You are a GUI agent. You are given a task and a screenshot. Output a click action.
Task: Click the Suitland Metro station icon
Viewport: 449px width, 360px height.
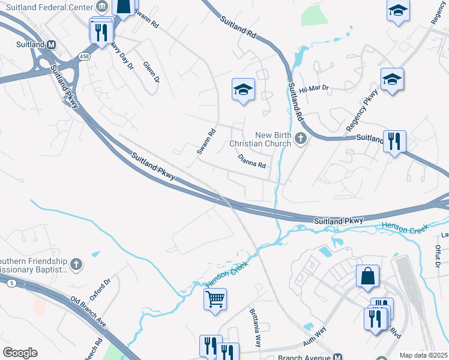[52, 45]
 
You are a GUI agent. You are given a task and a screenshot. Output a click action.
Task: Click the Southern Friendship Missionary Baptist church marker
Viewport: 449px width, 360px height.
[76, 264]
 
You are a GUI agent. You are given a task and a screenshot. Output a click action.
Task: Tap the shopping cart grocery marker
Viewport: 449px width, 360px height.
[215, 298]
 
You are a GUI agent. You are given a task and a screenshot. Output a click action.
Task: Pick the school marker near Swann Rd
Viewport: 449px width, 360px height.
[243, 90]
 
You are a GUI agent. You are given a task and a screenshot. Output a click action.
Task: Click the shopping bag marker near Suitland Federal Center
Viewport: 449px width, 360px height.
[123, 8]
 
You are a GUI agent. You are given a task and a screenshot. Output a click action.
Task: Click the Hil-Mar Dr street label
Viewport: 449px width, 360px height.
[315, 88]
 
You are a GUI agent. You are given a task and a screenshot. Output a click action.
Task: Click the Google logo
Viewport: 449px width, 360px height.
[20, 353]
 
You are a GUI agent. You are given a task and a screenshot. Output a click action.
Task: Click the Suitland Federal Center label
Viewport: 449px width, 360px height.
[50, 8]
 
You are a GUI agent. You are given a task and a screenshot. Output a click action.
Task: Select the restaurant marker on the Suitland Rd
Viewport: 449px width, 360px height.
[394, 142]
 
